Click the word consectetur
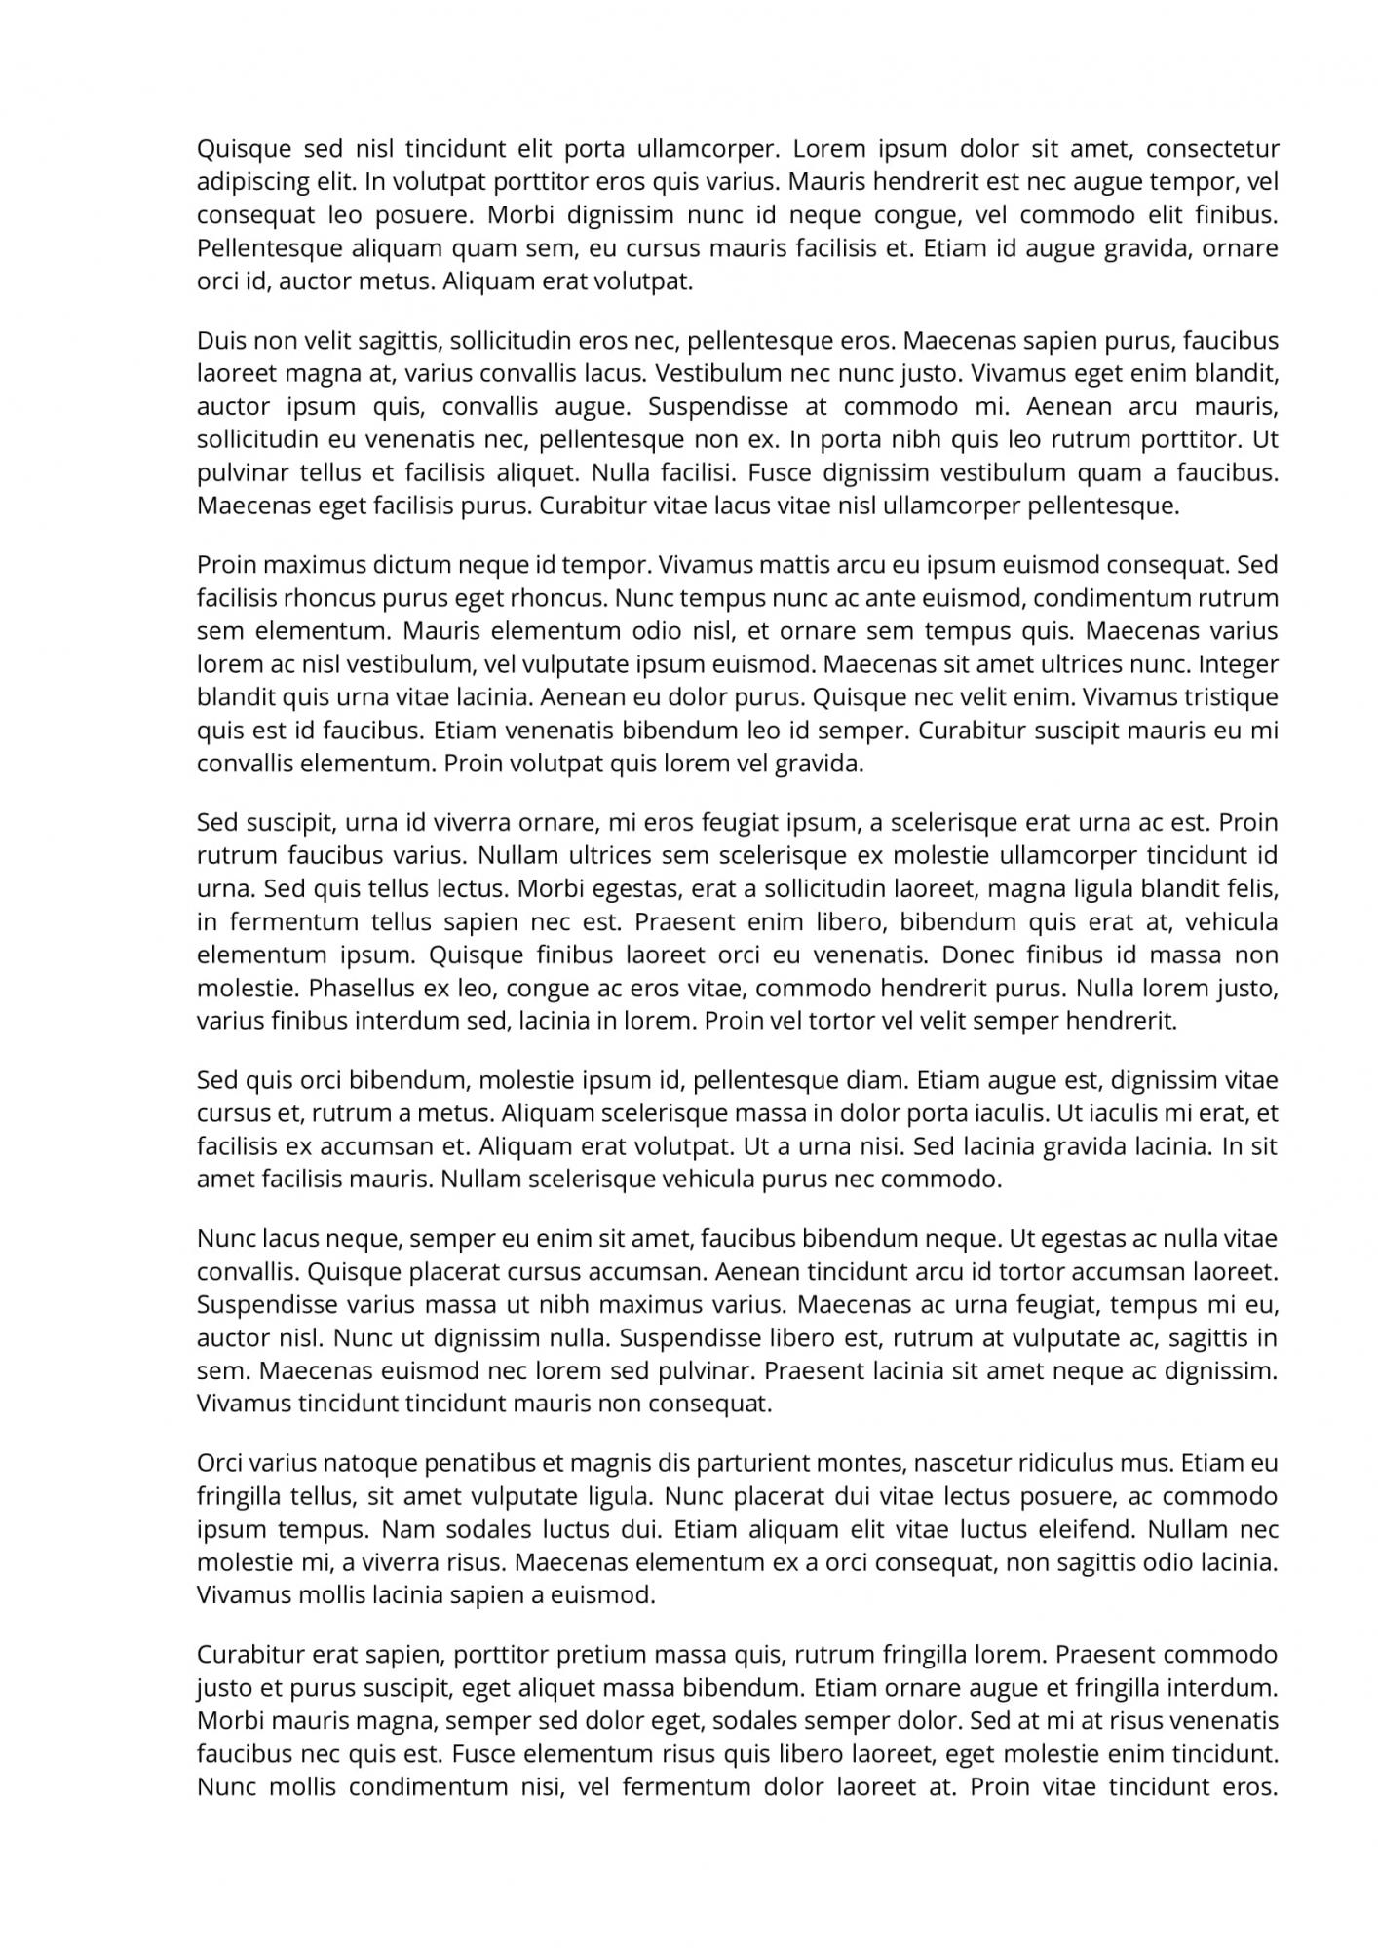tap(1211, 149)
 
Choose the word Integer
tap(1238, 664)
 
